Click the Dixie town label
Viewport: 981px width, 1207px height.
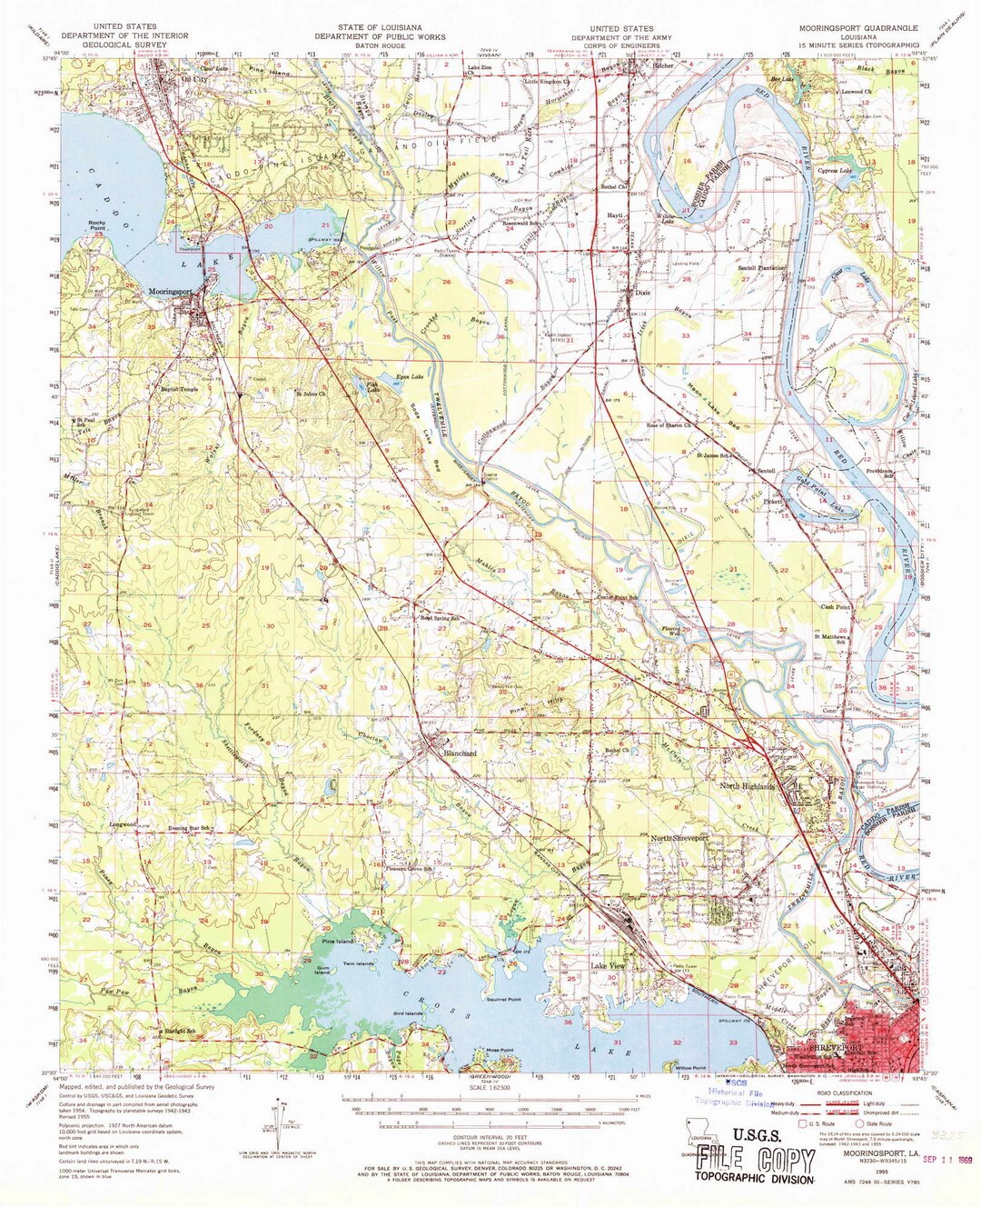643,294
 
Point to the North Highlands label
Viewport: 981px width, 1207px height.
748,786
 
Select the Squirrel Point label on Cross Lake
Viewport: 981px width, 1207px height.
502,998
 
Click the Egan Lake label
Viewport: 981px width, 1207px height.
410,376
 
